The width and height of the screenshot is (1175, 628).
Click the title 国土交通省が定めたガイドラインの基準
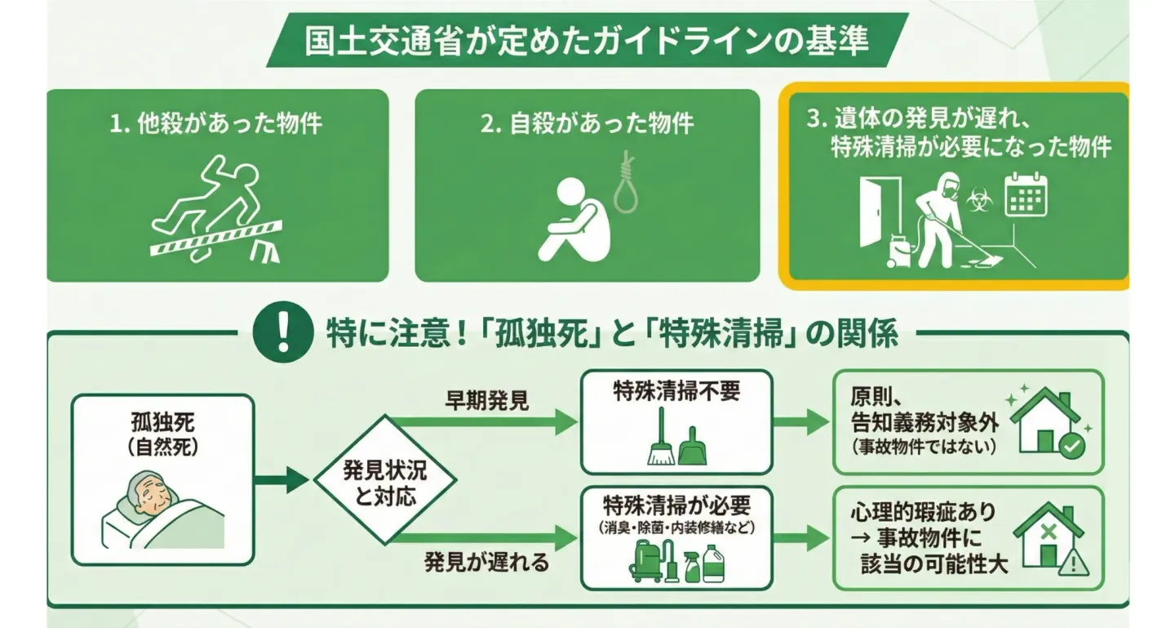[x=587, y=41]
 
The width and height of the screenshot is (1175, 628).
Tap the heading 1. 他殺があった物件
[x=216, y=124]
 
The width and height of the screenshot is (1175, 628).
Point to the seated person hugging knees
[x=574, y=220]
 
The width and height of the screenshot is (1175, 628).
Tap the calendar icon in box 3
[x=1026, y=194]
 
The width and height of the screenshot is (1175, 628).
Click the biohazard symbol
[x=978, y=201]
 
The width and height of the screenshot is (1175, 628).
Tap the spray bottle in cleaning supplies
[x=693, y=564]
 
